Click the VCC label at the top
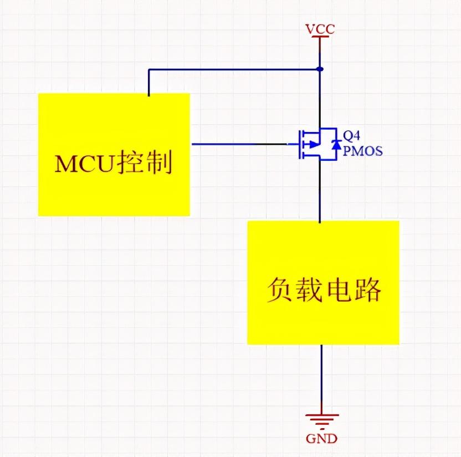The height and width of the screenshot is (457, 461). coord(320,29)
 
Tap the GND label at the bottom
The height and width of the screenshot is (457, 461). coord(321,438)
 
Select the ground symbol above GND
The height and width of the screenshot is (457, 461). coord(321,419)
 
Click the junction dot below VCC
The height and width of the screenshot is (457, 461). coord(320,69)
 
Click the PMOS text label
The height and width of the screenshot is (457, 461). coord(362,151)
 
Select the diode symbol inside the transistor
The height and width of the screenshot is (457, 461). coord(334,144)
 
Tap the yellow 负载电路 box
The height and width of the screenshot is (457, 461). coord(323,322)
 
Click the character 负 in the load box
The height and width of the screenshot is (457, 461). coord(279,290)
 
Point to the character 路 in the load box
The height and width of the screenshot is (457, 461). coord(367,290)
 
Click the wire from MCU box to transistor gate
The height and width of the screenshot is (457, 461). coord(238,144)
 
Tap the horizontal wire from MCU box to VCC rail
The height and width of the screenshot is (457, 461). coord(233,69)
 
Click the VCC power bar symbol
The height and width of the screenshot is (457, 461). coord(320,37)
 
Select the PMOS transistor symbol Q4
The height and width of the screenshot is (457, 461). coord(315,144)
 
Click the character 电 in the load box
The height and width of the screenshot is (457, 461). coord(338,290)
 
